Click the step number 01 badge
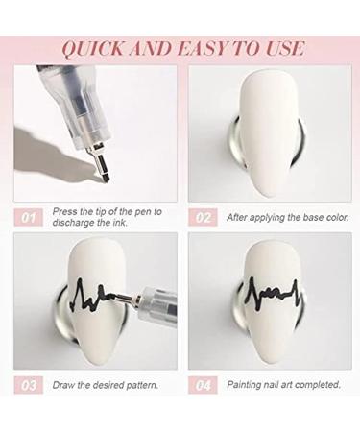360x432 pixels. click(x=29, y=218)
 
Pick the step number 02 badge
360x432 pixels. click(x=203, y=217)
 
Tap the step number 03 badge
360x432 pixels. click(x=29, y=385)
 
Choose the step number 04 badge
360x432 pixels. click(x=203, y=385)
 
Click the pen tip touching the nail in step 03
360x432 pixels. click(x=117, y=297)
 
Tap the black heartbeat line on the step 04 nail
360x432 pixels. click(x=273, y=292)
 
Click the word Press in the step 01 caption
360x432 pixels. click(x=64, y=211)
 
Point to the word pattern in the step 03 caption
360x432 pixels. click(x=142, y=385)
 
